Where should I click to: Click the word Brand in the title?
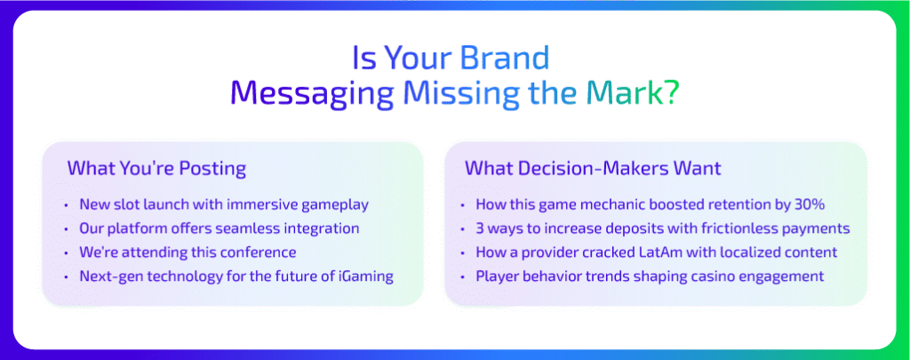(x=505, y=58)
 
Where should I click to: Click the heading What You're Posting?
(x=156, y=169)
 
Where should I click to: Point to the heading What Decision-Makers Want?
(x=593, y=168)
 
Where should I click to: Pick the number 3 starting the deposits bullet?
(x=480, y=228)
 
